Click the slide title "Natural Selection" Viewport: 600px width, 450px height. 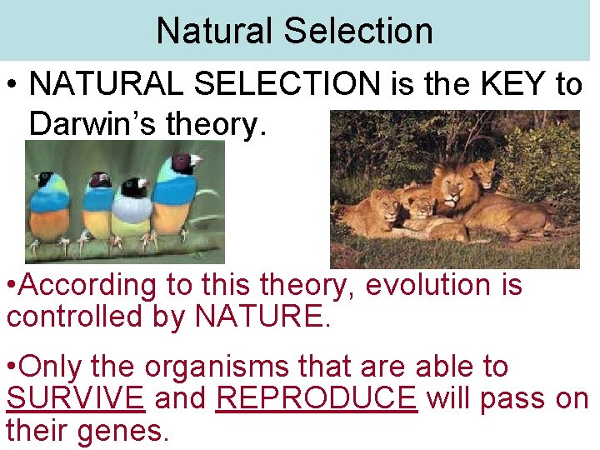294,31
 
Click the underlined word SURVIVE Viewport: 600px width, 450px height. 76,398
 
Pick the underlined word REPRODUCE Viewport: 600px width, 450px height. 316,398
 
